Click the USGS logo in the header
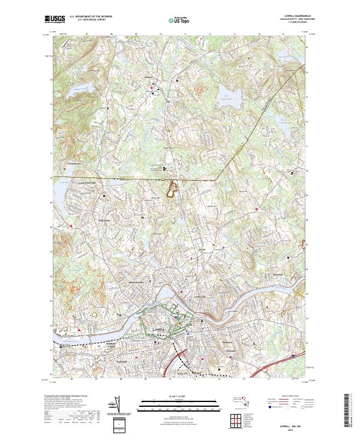tap(55, 19)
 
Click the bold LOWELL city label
tap(158, 329)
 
